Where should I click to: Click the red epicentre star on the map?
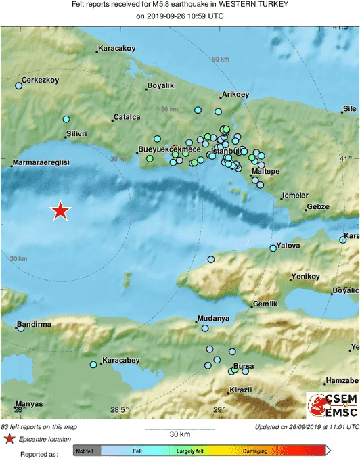(61, 211)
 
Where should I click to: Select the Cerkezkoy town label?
(41, 80)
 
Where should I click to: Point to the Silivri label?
(76, 134)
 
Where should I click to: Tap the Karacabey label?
(119, 359)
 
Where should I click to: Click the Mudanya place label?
(212, 318)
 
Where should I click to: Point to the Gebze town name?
(317, 206)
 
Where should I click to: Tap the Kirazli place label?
(240, 390)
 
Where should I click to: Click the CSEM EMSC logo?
(332, 405)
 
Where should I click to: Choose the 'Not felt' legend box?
(85, 451)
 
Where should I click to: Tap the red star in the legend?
(9, 439)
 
